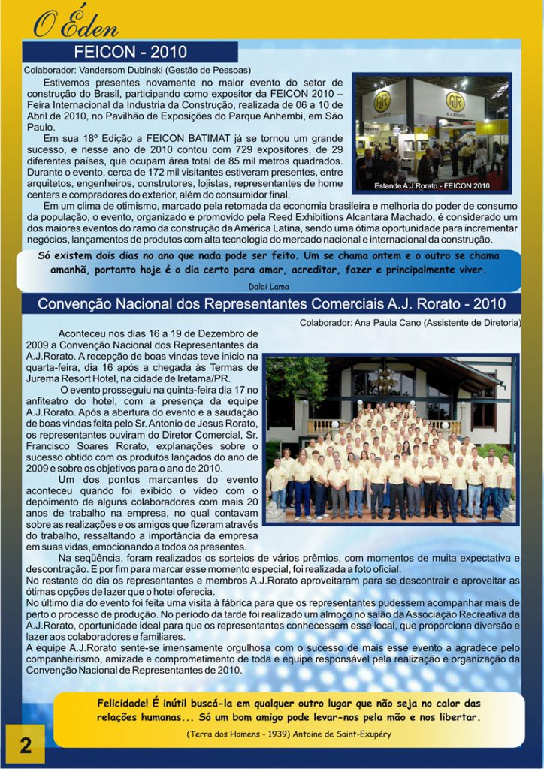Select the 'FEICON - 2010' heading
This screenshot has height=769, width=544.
click(x=130, y=53)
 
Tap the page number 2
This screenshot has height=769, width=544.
click(x=25, y=746)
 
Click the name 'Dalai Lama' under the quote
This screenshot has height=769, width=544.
click(x=270, y=285)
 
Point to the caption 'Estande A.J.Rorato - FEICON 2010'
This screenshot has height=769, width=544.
click(x=432, y=185)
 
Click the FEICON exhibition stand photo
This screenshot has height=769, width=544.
click(x=433, y=133)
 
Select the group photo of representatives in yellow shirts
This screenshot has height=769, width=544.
click(x=391, y=440)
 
